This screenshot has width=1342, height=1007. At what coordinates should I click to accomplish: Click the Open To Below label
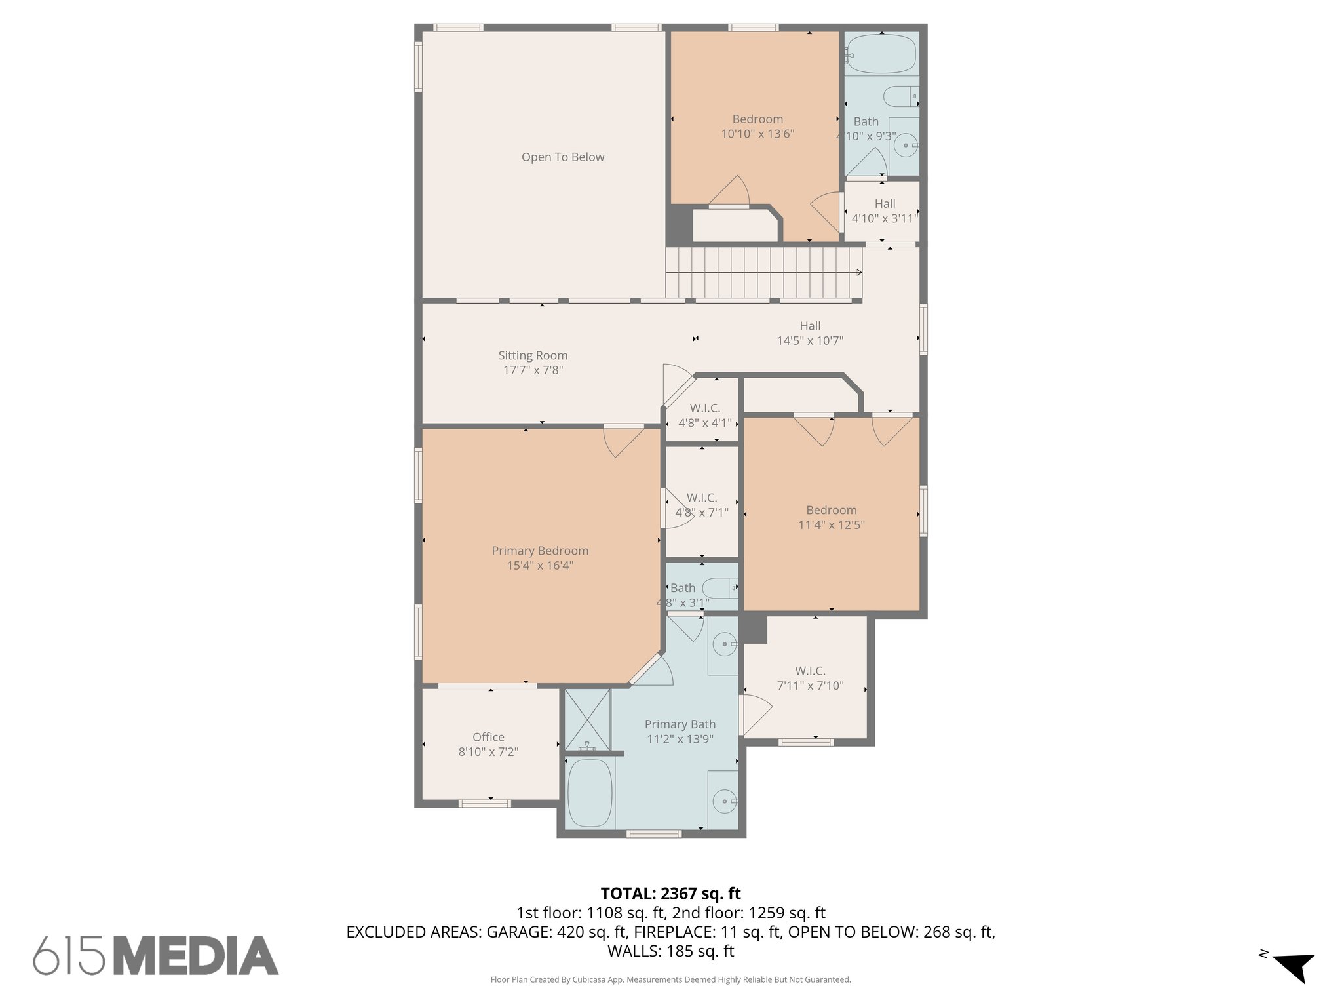[x=562, y=157]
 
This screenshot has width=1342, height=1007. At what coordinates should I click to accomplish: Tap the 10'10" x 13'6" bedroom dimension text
[x=757, y=134]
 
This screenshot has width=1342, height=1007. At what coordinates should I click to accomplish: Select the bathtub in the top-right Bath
[x=881, y=54]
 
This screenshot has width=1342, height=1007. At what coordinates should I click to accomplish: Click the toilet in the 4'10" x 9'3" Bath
[x=900, y=97]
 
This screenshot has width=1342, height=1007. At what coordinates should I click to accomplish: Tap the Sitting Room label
[x=533, y=355]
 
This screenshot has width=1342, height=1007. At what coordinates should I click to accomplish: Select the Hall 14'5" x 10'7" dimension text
[x=810, y=341]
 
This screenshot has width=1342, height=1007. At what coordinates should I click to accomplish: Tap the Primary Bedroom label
[x=540, y=551]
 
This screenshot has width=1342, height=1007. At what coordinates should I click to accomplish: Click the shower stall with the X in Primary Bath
[x=587, y=719]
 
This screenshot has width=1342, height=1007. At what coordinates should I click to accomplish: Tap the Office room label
[x=488, y=737]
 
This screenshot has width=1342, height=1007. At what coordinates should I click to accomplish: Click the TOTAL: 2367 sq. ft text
[x=670, y=894]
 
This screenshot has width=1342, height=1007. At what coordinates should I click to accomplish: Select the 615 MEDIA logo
[x=156, y=955]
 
